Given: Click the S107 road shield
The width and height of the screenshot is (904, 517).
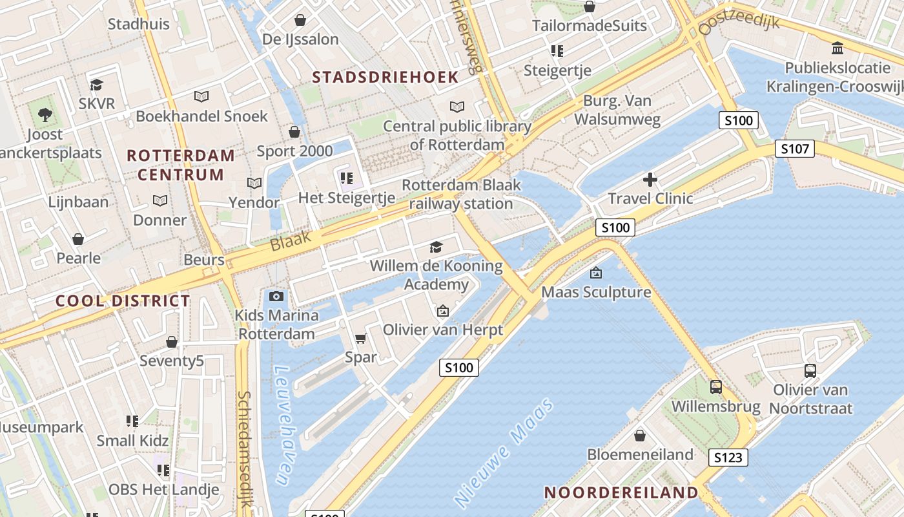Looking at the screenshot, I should (794, 149).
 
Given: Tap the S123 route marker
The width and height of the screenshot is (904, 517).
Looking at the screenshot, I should (728, 458).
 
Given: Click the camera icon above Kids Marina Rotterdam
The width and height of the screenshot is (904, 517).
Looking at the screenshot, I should (276, 296).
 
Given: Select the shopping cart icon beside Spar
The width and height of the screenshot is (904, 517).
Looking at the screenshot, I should (361, 338).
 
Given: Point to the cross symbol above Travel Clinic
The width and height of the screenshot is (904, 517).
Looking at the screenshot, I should (650, 180).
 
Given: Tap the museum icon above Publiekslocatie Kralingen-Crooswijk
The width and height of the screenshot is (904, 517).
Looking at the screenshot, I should (837, 48).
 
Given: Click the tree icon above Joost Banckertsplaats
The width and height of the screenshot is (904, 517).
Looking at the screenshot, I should (45, 115).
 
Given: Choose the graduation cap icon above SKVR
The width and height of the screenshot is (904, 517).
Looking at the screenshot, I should (96, 85).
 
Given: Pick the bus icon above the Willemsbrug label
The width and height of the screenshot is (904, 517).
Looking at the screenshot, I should (716, 387).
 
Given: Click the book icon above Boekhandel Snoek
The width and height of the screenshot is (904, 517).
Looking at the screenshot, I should (201, 97).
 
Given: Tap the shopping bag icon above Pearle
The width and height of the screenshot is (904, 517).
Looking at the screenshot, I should (78, 239).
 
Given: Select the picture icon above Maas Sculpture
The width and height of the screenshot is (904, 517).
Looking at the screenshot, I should (596, 273).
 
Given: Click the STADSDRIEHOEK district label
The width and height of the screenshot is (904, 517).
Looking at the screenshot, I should (385, 78).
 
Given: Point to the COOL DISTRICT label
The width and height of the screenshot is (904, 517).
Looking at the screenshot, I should (123, 301).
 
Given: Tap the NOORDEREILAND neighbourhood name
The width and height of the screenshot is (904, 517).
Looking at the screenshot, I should (621, 492).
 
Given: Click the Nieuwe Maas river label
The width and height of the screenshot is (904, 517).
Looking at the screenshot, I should (505, 452).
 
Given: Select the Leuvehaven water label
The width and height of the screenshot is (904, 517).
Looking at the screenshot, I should (282, 425).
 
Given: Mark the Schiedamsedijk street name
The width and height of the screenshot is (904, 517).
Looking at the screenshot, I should (244, 450).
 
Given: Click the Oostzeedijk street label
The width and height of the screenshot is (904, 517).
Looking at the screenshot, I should (739, 24).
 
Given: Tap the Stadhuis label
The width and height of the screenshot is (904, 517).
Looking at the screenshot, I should (138, 25).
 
